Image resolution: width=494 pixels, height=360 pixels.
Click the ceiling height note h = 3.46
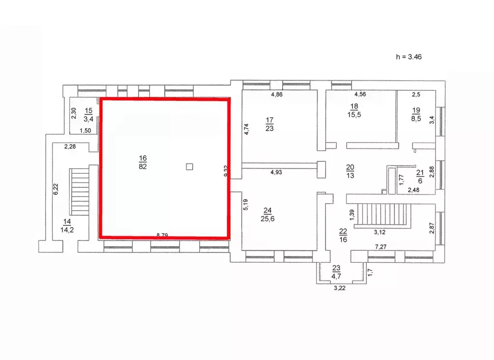(x=409, y=57)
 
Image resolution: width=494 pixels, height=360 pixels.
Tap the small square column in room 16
(x=190, y=167)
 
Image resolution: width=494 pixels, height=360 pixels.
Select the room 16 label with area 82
(x=142, y=162)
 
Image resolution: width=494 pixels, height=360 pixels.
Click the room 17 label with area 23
(x=269, y=124)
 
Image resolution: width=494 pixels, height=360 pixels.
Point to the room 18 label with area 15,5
(x=354, y=110)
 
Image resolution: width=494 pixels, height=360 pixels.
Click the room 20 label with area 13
(x=350, y=171)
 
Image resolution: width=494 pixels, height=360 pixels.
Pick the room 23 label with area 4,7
(x=336, y=273)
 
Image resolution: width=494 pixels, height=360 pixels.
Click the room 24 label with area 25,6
(x=267, y=214)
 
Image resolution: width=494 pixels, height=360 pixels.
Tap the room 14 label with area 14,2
(x=67, y=226)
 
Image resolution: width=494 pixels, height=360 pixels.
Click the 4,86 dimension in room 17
(x=277, y=95)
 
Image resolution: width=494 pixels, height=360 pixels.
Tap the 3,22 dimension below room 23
(x=340, y=289)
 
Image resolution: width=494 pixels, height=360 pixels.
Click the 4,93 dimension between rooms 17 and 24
(x=277, y=172)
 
